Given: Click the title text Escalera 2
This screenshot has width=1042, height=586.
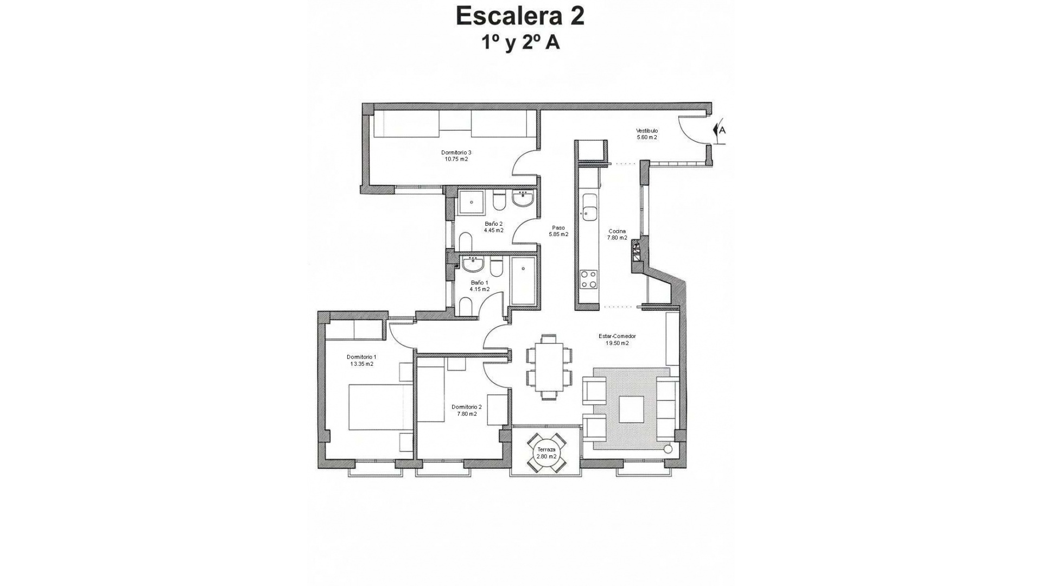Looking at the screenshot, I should [520, 16].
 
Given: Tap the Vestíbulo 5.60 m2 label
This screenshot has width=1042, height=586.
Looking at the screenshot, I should [647, 134].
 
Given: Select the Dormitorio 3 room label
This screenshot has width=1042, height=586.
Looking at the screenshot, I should [456, 156].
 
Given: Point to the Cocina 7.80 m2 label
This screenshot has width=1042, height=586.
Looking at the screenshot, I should [617, 234].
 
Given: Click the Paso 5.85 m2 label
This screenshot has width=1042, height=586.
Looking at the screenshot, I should [558, 231].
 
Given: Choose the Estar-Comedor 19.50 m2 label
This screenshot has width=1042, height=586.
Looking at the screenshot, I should [617, 340].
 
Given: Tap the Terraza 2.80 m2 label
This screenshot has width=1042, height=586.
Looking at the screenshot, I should [547, 453].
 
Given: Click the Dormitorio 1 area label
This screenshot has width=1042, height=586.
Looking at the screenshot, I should [361, 360].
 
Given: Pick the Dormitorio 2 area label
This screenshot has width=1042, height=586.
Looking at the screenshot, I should [467, 410].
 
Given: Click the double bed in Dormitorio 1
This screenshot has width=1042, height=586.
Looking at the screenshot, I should [380, 407].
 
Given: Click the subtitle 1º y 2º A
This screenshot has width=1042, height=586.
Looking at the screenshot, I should [520, 43].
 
